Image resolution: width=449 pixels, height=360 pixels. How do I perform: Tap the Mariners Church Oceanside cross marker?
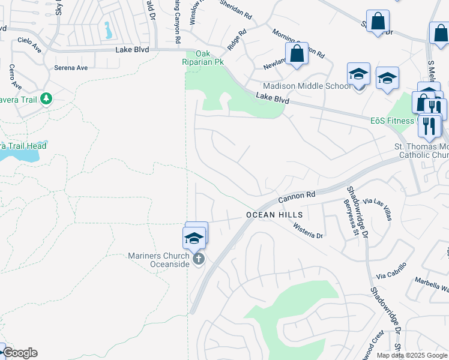click(x=199, y=259)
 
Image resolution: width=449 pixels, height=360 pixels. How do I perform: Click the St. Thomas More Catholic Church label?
click(x=421, y=151)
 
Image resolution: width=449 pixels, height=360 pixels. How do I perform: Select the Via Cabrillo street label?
click(x=392, y=271)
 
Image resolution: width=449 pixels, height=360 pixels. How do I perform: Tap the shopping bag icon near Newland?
click(x=297, y=54)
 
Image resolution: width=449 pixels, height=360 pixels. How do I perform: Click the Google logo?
click(x=20, y=353)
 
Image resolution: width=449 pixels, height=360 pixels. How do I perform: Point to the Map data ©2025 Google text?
click(x=411, y=355)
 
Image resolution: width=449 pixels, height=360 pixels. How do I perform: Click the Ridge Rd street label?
click(x=237, y=41)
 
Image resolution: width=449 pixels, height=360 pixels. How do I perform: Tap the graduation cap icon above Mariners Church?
click(x=194, y=238)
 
